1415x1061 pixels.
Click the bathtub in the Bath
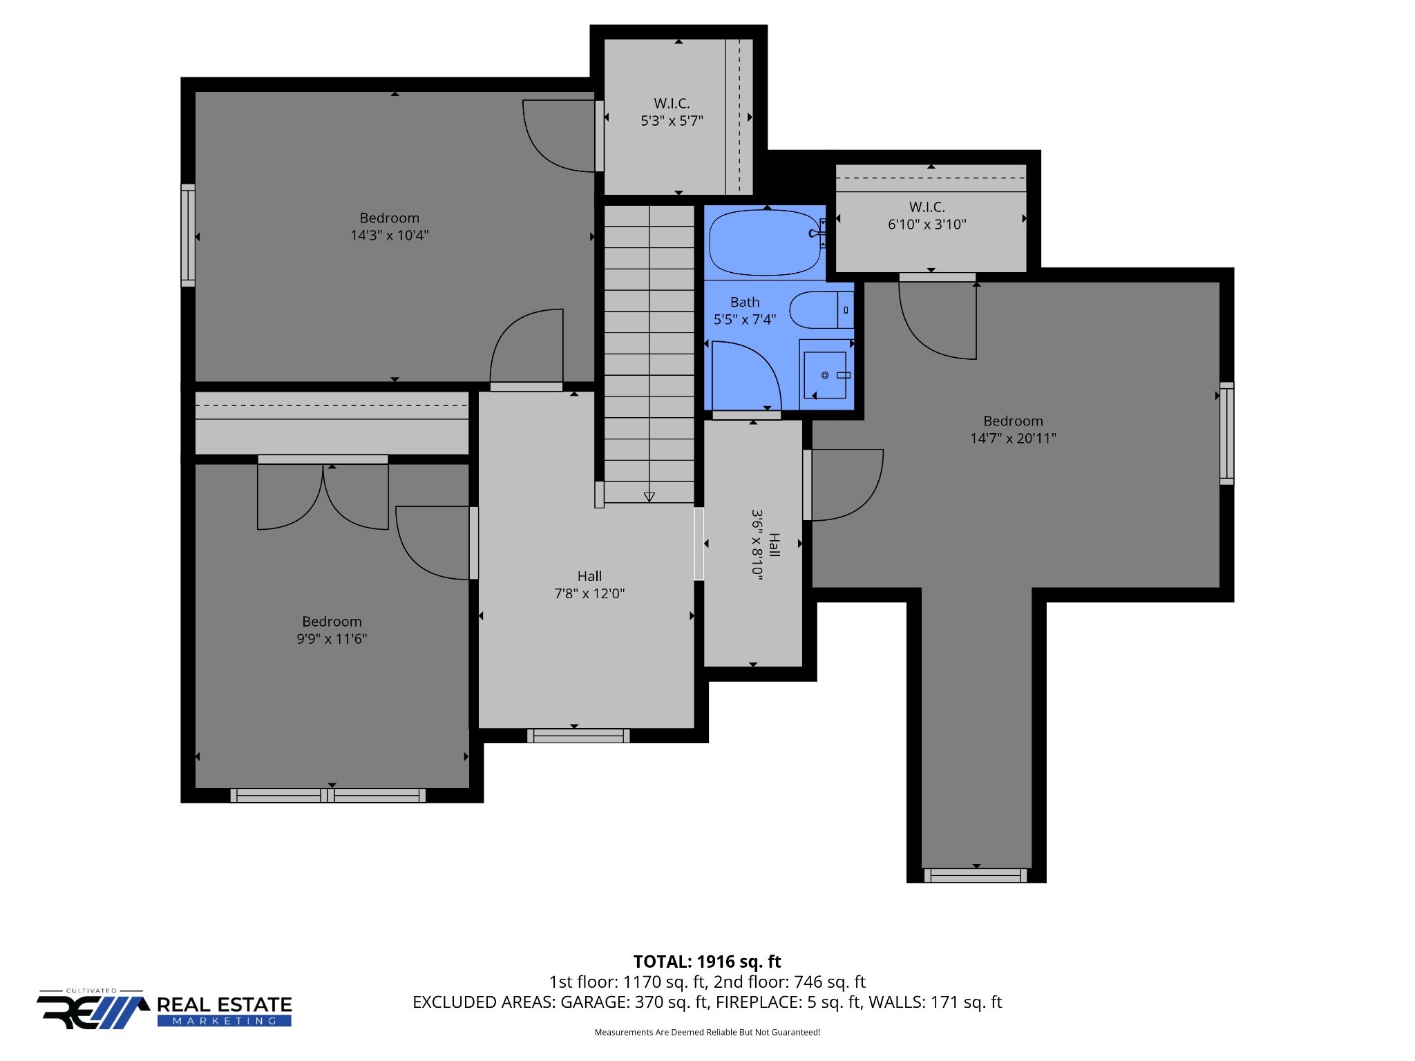(x=765, y=242)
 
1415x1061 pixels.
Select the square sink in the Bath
(x=825, y=375)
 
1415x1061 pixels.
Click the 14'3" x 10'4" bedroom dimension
(x=389, y=236)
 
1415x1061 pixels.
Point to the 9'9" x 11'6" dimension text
(x=332, y=639)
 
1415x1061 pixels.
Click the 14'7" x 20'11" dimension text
(x=1013, y=438)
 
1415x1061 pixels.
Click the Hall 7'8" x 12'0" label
(x=589, y=584)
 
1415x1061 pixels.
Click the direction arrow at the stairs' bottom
(x=649, y=497)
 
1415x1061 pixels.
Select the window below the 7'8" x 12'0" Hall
(x=578, y=736)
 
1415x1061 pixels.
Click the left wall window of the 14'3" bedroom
(x=188, y=235)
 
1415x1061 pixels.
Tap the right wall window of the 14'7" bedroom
(x=1226, y=433)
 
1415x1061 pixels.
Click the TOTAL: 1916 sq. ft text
(x=707, y=962)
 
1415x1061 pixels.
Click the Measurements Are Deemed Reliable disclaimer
(x=707, y=1033)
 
